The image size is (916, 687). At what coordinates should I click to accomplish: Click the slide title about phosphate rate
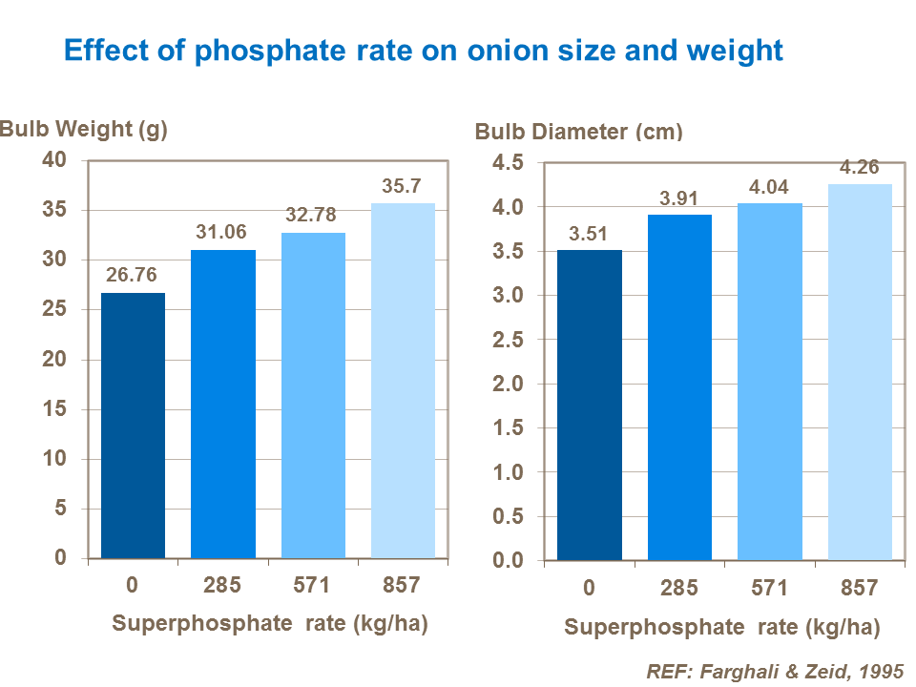click(x=423, y=50)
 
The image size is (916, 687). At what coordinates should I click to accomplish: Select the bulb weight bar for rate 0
click(x=133, y=426)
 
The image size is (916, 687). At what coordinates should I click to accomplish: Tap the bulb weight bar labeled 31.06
click(x=223, y=405)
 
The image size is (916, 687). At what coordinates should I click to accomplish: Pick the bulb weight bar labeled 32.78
click(x=313, y=396)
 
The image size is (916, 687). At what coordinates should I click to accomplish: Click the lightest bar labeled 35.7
click(x=403, y=382)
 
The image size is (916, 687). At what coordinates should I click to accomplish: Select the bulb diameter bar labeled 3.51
click(x=590, y=405)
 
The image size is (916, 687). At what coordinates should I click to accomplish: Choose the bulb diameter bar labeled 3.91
click(x=679, y=387)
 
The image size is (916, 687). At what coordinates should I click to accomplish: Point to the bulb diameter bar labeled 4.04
click(x=770, y=382)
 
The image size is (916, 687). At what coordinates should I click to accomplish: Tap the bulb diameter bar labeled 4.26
click(x=860, y=372)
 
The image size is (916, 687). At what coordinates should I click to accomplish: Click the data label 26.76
click(x=133, y=276)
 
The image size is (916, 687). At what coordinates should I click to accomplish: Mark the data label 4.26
click(x=860, y=167)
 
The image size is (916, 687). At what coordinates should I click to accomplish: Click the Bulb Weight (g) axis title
click(x=84, y=130)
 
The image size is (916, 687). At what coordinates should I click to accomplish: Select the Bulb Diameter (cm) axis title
click(x=578, y=132)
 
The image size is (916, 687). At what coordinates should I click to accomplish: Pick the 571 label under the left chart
click(x=313, y=585)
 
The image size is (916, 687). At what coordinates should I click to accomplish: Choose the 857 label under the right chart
click(x=860, y=588)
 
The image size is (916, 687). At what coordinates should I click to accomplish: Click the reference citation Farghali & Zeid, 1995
click(x=774, y=670)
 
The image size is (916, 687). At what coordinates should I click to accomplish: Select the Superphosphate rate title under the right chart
click(x=721, y=627)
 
